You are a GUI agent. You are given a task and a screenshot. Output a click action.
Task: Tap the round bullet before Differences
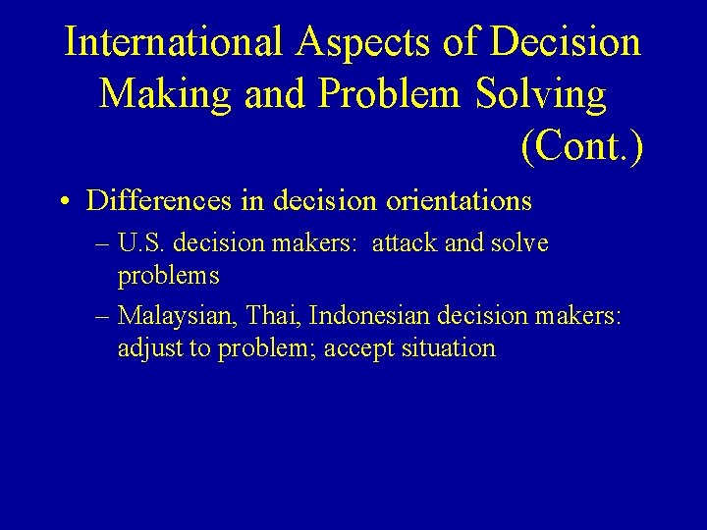point(63,203)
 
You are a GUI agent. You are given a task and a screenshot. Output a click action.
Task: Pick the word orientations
point(459,201)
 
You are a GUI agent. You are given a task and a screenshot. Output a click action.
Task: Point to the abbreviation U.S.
point(141,242)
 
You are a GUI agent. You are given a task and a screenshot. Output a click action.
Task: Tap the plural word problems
point(168,276)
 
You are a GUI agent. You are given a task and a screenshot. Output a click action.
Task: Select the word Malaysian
point(178,315)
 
